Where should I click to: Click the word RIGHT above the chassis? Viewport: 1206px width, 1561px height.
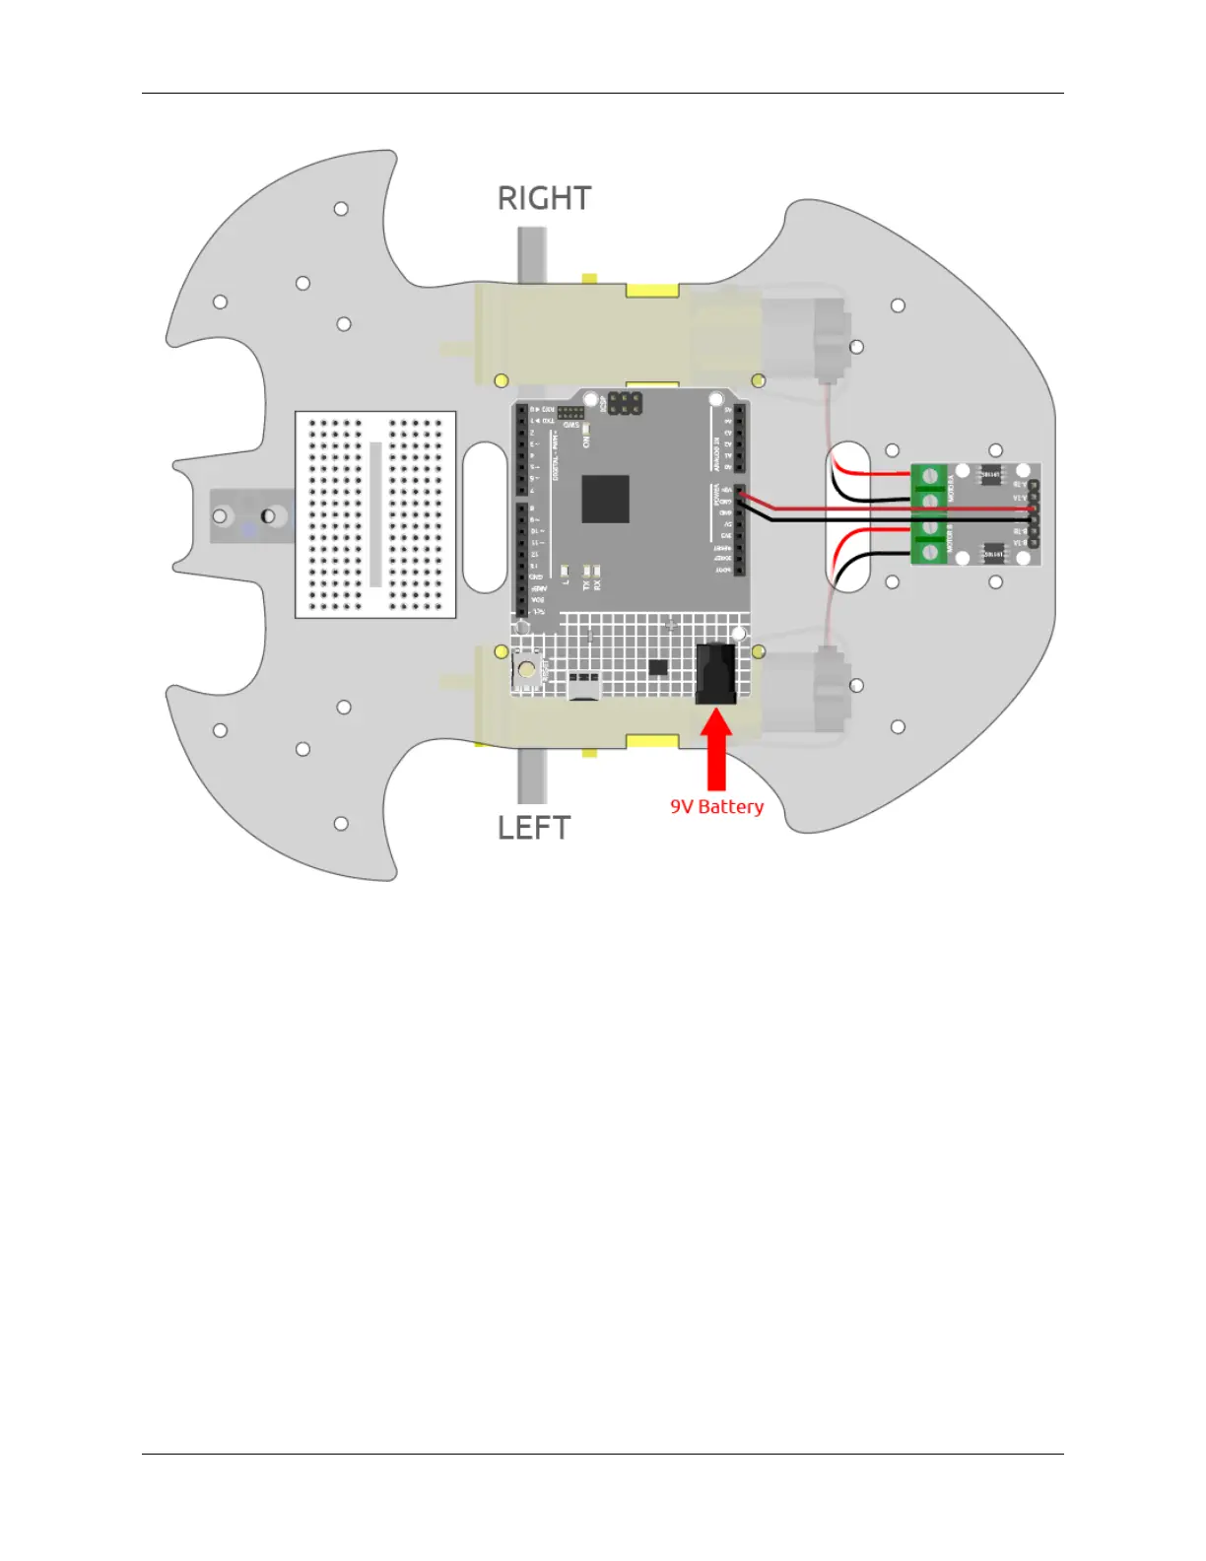[544, 198]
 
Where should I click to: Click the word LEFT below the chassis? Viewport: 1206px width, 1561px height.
[533, 828]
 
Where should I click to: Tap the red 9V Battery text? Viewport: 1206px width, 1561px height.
[716, 807]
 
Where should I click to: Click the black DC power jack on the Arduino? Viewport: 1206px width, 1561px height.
[716, 674]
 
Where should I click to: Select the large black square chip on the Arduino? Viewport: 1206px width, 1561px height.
[605, 499]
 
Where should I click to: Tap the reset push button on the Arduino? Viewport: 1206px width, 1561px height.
[527, 671]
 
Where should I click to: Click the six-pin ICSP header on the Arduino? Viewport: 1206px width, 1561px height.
[624, 403]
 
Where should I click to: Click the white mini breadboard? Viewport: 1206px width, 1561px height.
[375, 514]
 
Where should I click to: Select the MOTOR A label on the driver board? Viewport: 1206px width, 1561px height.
[951, 488]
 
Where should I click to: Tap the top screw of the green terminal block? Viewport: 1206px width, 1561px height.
[929, 477]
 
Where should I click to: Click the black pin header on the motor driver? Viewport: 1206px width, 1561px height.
[1034, 514]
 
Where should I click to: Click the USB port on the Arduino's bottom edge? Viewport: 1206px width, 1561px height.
[583, 687]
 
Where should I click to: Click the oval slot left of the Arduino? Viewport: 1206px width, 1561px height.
[485, 516]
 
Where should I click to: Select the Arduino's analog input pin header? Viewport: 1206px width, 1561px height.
[740, 438]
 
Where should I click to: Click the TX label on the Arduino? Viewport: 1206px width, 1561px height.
[587, 585]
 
